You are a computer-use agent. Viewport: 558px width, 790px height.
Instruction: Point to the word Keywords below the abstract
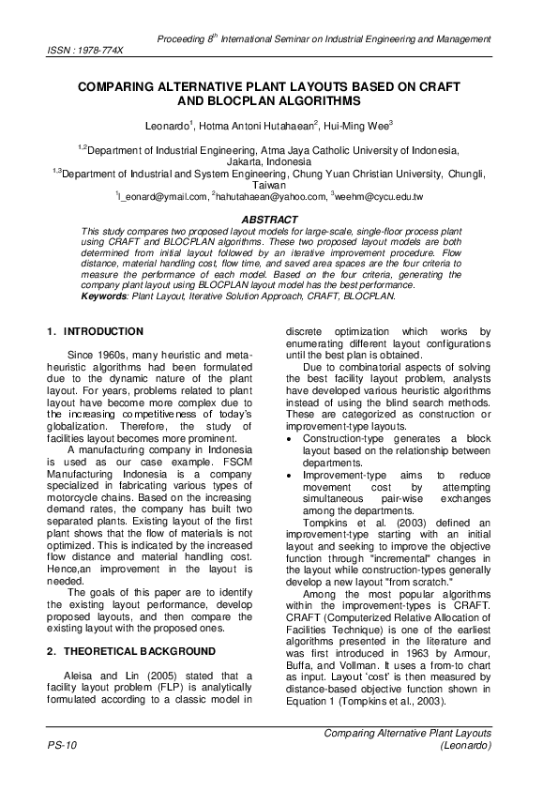pos(105,295)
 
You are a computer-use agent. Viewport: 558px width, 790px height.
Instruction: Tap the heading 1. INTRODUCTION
pos(95,331)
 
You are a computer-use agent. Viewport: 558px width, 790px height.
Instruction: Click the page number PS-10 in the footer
pos(62,745)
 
